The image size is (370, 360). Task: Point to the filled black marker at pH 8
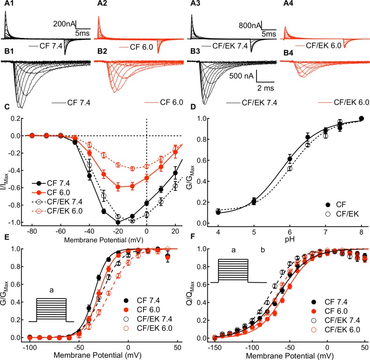click(x=361, y=119)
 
